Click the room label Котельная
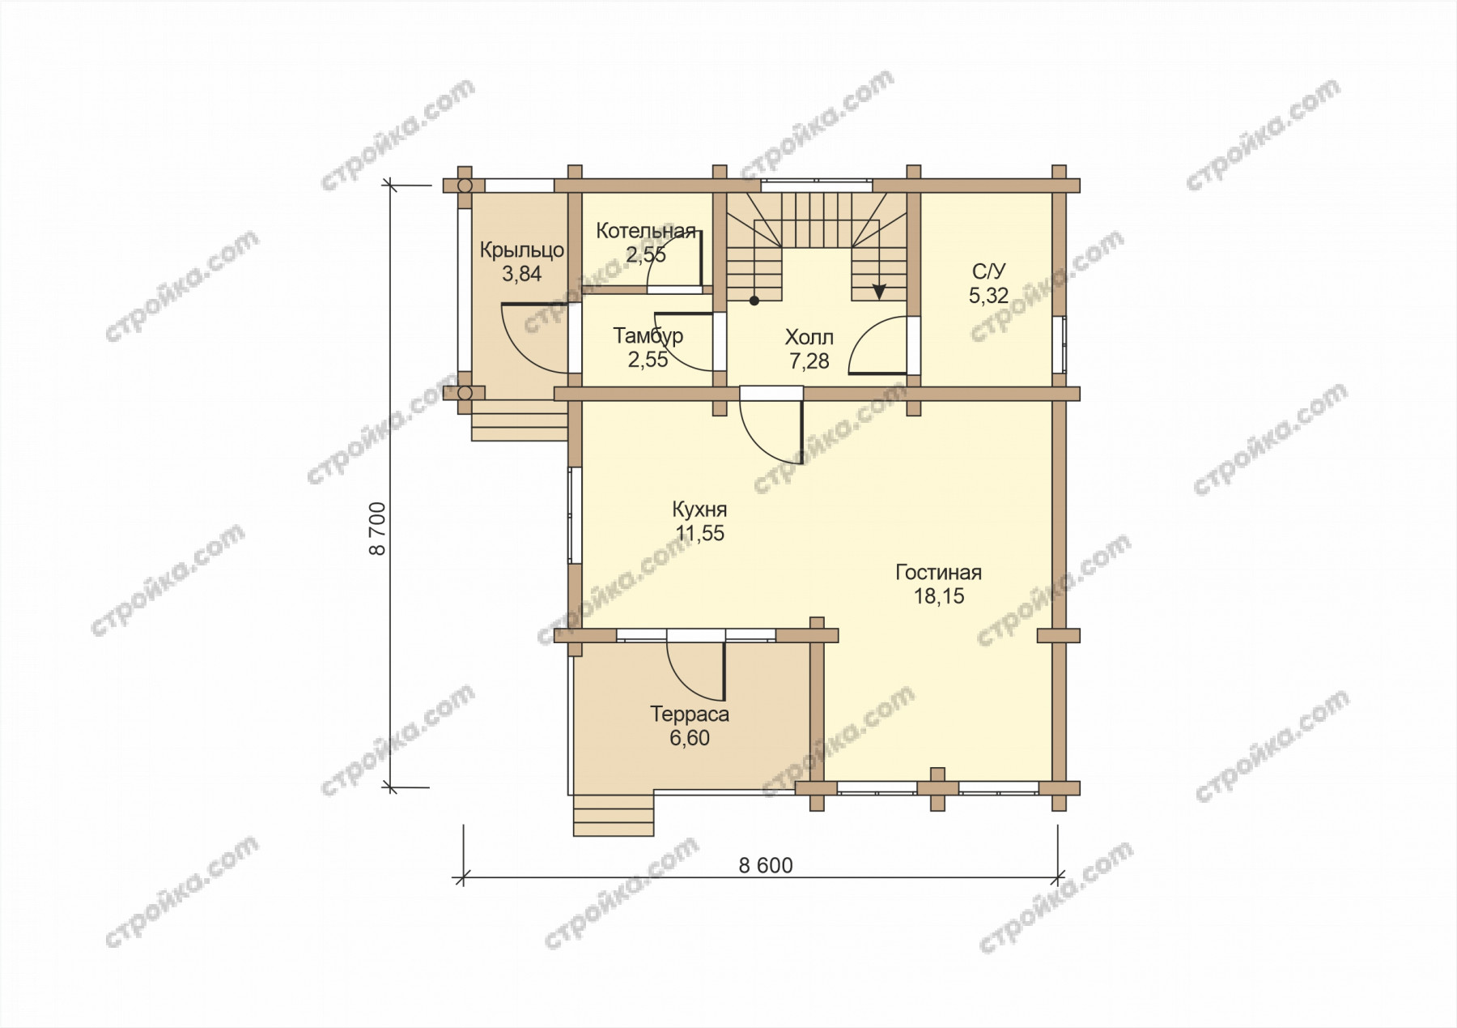646,231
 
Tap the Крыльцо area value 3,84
521,274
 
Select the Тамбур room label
648,335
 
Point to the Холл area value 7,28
809,361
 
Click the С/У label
988,272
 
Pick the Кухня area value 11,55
700,534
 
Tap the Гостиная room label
938,573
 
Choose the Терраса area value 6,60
690,738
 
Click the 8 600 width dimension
766,865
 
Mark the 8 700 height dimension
377,528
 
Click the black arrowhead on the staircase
879,292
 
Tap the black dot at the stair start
754,301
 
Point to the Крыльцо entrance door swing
534,339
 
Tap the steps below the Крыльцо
519,420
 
